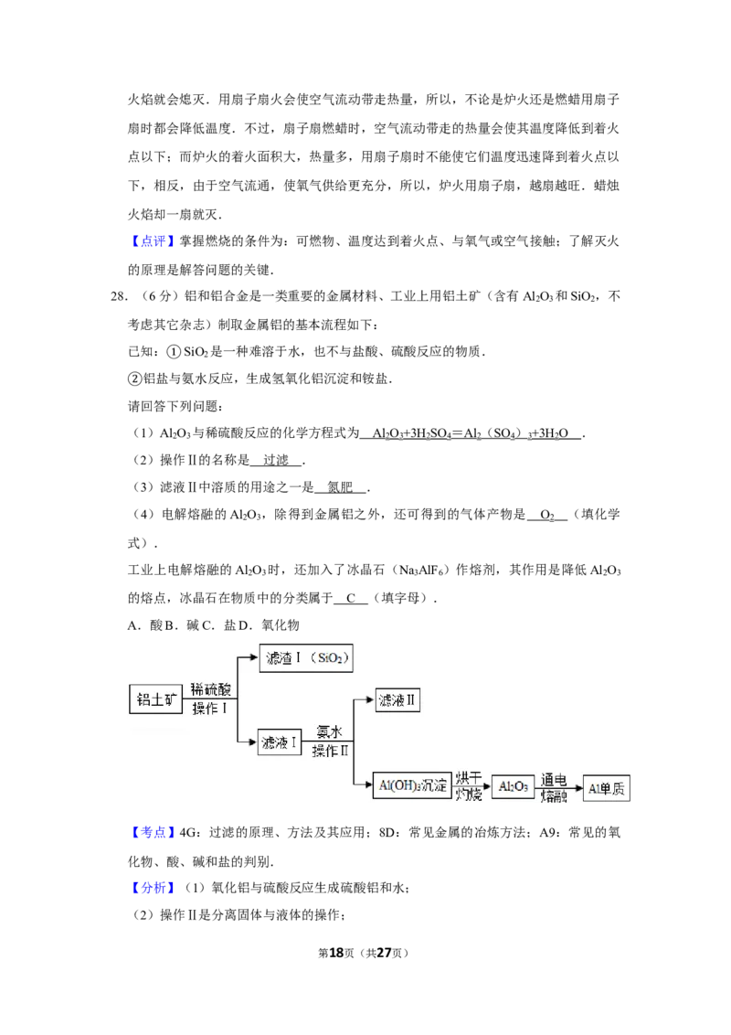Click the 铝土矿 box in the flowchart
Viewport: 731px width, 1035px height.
pyautogui.click(x=155, y=699)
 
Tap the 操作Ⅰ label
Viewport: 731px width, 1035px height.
pyautogui.click(x=209, y=709)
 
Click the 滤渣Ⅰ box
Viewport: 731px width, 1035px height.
pyautogui.click(x=283, y=658)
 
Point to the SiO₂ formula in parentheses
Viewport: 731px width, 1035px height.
pyautogui.click(x=330, y=658)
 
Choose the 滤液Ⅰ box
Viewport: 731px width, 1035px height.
pyautogui.click(x=280, y=742)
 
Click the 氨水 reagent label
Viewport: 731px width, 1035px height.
pyautogui.click(x=329, y=732)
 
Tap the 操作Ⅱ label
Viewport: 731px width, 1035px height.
pyautogui.click(x=330, y=752)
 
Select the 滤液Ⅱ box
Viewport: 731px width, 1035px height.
pyautogui.click(x=397, y=701)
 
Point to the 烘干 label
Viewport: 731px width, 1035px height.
pyautogui.click(x=469, y=778)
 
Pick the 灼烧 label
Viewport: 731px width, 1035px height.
pyautogui.click(x=469, y=795)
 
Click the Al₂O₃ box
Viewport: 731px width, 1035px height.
pyautogui.click(x=513, y=786)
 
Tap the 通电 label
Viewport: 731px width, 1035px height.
pyautogui.click(x=554, y=779)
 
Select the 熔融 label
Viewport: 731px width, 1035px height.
pyautogui.click(x=554, y=796)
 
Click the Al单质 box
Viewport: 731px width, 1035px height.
pyautogui.click(x=608, y=787)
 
